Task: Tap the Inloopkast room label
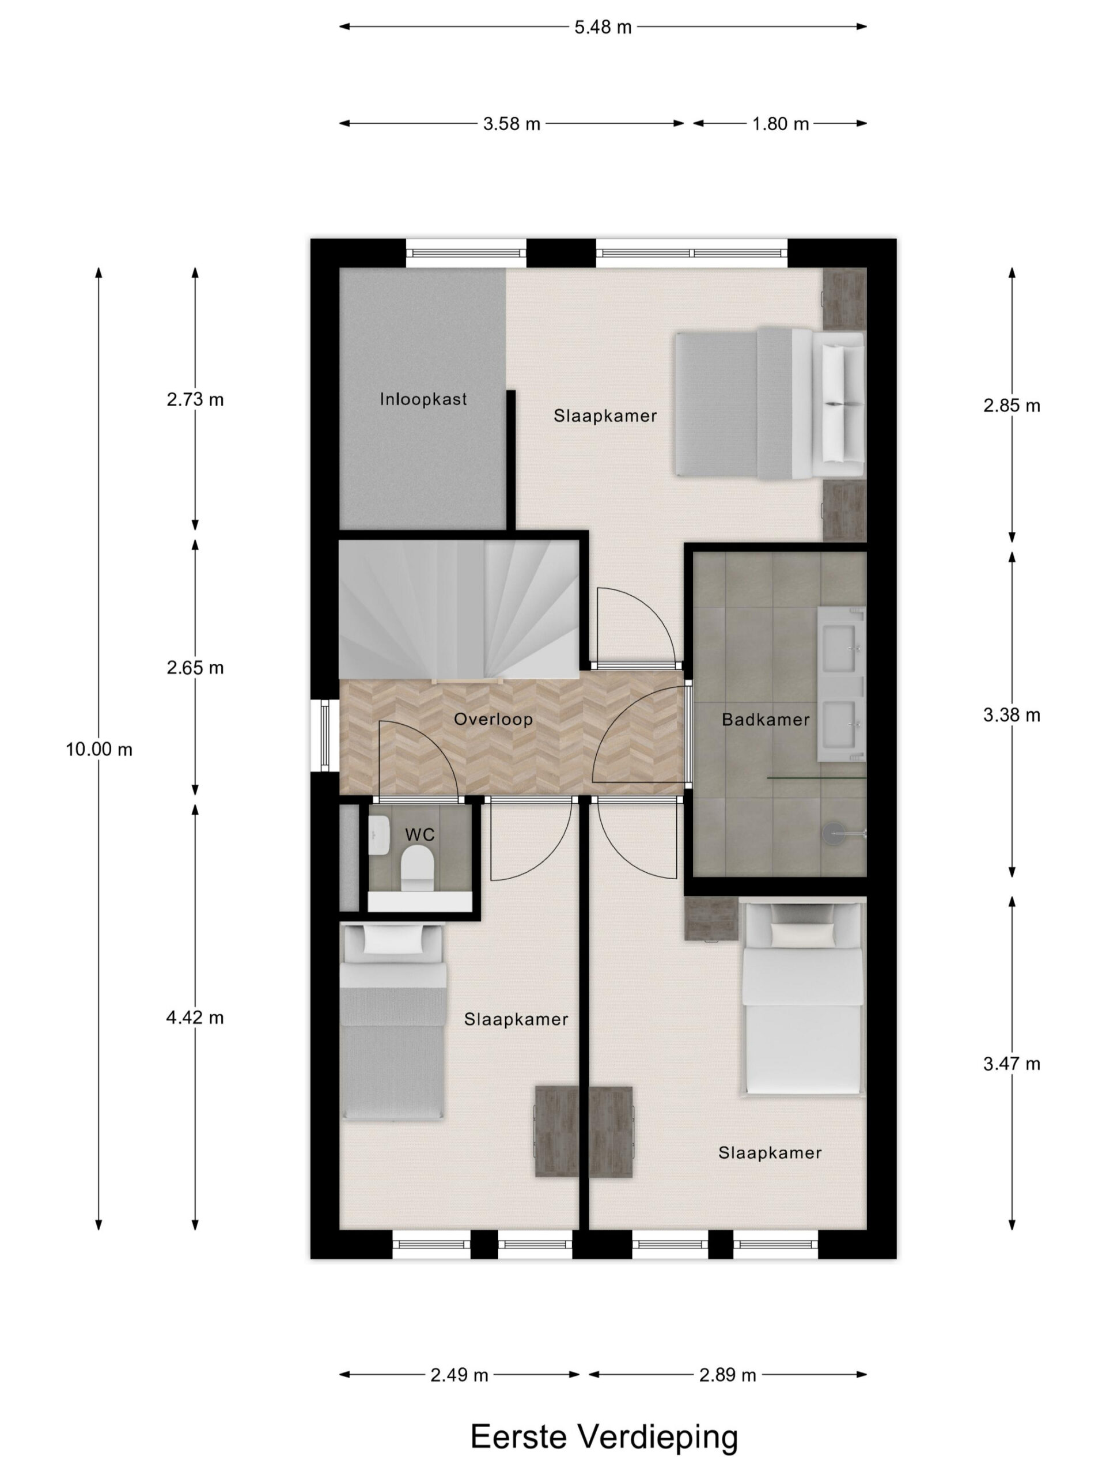(423, 399)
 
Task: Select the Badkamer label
(766, 720)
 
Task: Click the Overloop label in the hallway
(493, 719)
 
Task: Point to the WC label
(419, 834)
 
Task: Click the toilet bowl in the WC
(417, 868)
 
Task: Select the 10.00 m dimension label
(99, 750)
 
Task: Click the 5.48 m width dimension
(603, 27)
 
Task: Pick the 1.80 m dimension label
(781, 123)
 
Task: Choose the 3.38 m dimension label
(1012, 715)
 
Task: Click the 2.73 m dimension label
(195, 399)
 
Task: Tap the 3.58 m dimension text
(512, 123)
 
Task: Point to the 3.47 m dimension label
(1012, 1064)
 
